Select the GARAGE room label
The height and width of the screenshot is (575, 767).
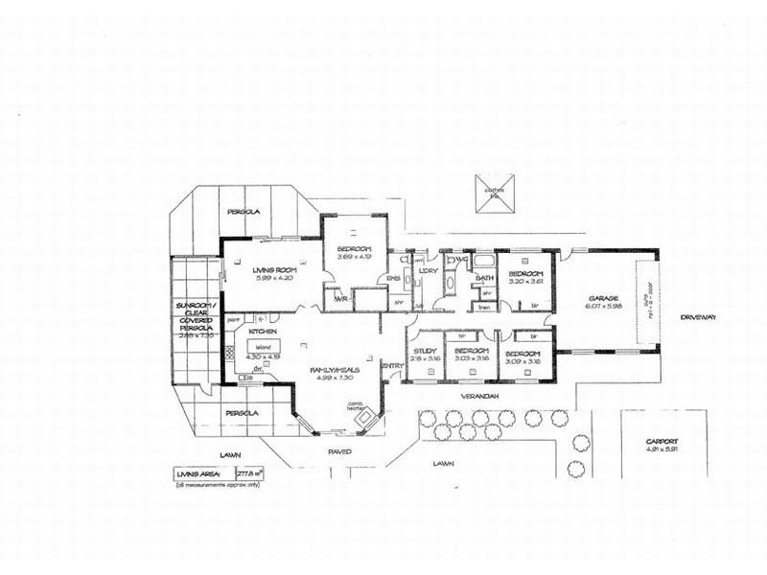click(x=605, y=298)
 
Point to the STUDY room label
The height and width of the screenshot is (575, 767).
click(x=425, y=352)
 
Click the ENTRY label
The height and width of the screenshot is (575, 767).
click(x=392, y=366)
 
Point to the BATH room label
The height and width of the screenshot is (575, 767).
click(x=484, y=278)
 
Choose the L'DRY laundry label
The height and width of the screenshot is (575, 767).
click(x=430, y=271)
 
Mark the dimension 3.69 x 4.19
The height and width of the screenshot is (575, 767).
click(x=354, y=257)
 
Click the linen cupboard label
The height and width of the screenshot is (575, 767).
click(x=485, y=307)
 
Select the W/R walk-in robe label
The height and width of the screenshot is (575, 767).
click(x=339, y=298)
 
